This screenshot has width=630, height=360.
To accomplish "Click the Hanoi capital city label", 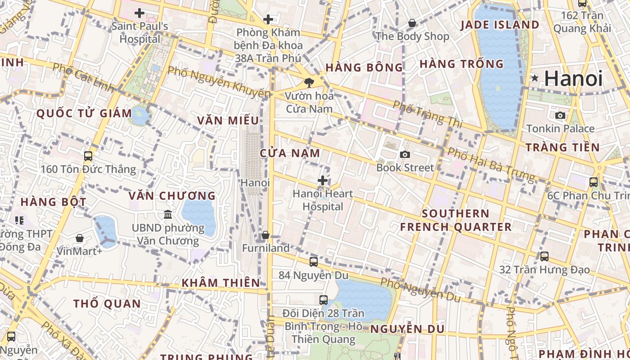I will pos(573,79).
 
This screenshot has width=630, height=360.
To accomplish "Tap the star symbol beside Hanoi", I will pos(535,78).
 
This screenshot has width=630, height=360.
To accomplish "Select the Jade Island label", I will pos(499,25).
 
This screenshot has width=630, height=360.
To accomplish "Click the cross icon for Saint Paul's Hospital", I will pos(139,13).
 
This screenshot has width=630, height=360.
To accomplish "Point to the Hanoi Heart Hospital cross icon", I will pos(323,181).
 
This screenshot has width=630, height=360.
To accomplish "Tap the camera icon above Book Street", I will pos(405,155).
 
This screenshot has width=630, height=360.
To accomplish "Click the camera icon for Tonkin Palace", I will pos(560,116).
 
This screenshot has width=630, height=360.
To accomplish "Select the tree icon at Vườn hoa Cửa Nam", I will pos(309,83).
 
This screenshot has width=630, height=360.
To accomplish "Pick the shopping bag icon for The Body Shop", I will pos(412,23).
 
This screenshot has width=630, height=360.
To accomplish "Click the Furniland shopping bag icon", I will pos(265,235).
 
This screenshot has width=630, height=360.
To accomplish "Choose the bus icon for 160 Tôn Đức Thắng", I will pos(88,156).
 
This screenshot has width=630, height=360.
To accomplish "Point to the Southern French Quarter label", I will pos(456,220).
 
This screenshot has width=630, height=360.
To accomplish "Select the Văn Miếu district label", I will pos(228,121).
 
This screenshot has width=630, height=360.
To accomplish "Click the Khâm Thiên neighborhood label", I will pos(220,283).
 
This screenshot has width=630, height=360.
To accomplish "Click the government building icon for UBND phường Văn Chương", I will pos(168,215).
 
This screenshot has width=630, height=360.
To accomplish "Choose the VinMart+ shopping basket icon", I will pos(80,238).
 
